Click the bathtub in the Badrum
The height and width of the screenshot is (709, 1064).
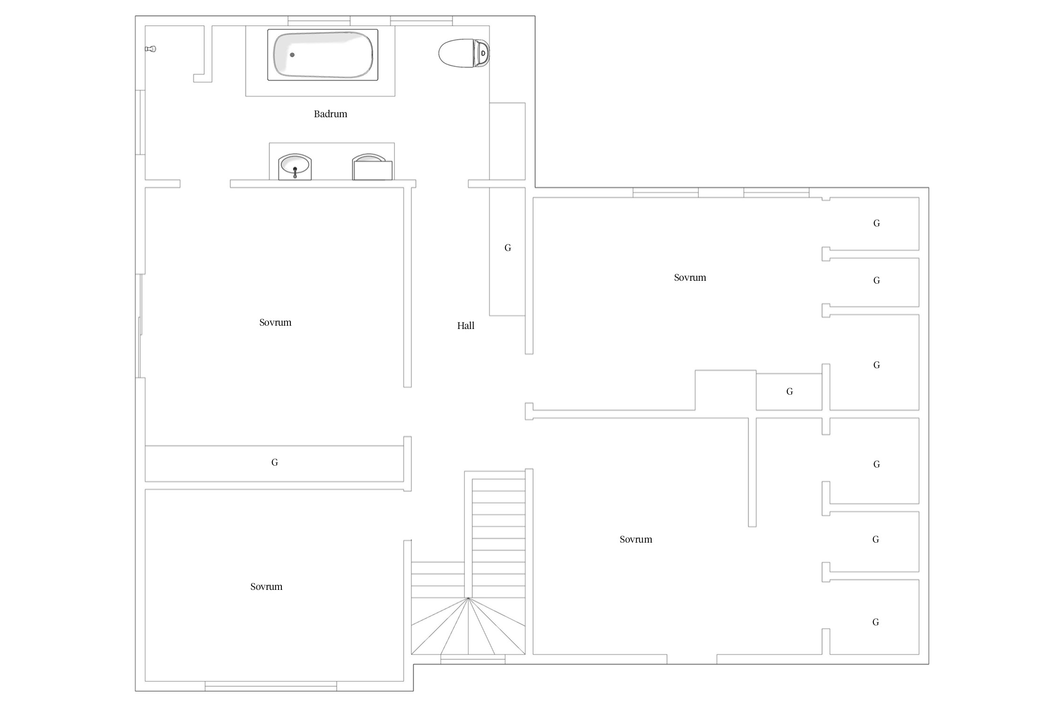tap(323, 55)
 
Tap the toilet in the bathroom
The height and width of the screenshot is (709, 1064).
tap(464, 53)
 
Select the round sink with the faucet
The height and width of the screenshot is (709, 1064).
tap(295, 167)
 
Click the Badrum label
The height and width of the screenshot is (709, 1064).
tap(331, 114)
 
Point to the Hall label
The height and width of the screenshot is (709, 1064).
tap(466, 326)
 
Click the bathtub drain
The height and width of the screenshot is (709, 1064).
tap(292, 55)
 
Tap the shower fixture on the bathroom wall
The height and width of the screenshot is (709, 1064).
tap(150, 49)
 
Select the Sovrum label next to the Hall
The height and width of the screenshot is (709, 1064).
tap(275, 322)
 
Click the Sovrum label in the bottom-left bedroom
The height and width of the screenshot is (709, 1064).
tap(266, 587)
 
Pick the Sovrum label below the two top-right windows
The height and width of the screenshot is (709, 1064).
tap(690, 277)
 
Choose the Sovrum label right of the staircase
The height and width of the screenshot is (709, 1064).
tap(636, 539)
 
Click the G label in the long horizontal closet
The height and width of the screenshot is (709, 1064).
tap(275, 462)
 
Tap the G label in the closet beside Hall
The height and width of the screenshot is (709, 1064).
tap(508, 248)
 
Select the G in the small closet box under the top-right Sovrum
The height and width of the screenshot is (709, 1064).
tap(790, 391)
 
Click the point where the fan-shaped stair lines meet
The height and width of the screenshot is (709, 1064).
tap(468, 598)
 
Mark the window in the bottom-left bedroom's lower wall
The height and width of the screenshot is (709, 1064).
tap(271, 686)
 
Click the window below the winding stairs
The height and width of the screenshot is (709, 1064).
tap(473, 659)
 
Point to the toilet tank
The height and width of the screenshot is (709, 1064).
tap(482, 53)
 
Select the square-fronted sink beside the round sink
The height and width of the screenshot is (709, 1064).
tap(372, 167)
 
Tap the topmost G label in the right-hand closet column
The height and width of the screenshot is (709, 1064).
tap(877, 223)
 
